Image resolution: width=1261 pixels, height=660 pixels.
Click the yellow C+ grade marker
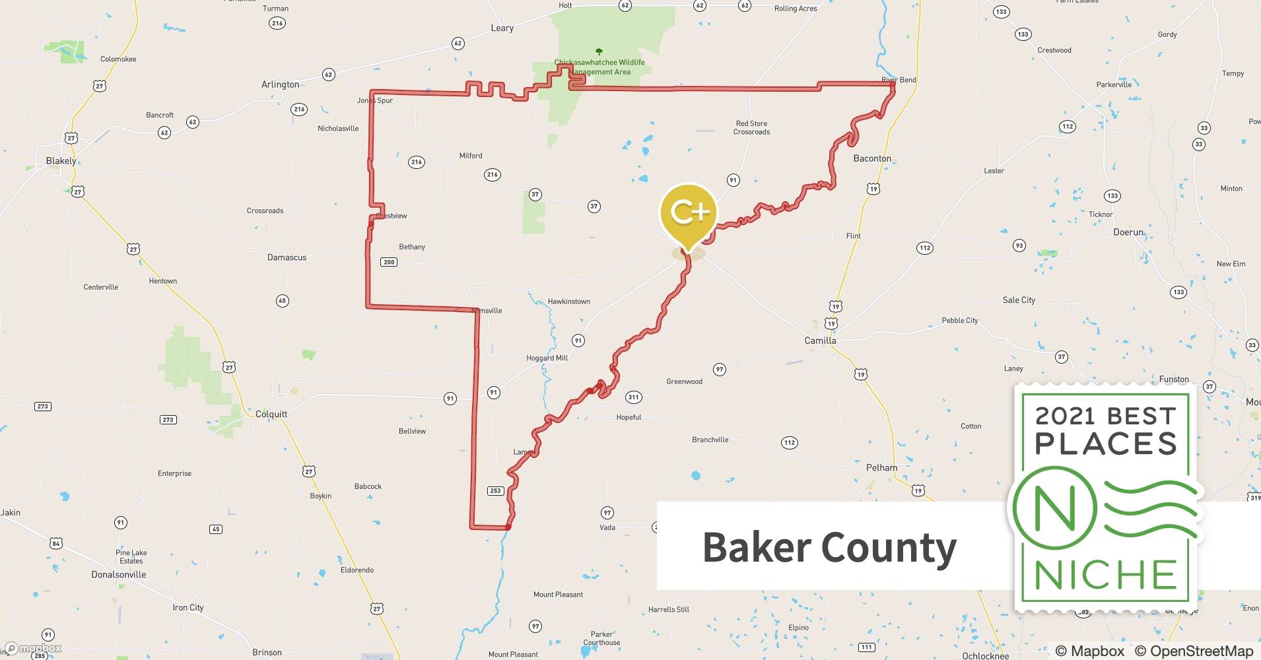click(689, 213)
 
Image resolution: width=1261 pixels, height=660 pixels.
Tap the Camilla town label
click(820, 341)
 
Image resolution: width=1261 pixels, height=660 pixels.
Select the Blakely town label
click(61, 161)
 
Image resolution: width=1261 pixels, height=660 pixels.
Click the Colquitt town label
click(271, 414)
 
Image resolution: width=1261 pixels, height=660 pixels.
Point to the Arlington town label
click(280, 84)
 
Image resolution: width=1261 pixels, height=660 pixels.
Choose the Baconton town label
click(872, 158)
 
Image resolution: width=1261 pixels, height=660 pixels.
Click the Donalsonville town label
click(119, 575)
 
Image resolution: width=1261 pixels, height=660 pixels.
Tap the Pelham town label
click(881, 468)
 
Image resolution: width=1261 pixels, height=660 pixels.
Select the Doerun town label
click(1128, 232)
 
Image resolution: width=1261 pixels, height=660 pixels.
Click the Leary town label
click(502, 28)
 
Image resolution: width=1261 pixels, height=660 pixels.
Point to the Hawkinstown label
click(568, 302)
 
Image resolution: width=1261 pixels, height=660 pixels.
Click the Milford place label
click(471, 156)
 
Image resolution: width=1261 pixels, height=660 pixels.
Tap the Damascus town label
click(287, 257)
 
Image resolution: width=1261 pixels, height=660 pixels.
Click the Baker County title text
click(829, 547)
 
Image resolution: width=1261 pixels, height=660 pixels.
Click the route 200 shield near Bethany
click(389, 262)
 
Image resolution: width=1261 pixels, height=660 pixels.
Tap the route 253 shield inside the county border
click(495, 490)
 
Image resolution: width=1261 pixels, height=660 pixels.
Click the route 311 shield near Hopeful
click(633, 397)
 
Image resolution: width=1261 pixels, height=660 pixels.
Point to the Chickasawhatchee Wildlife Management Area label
click(599, 67)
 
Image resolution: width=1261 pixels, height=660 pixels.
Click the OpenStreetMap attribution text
click(1194, 651)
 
